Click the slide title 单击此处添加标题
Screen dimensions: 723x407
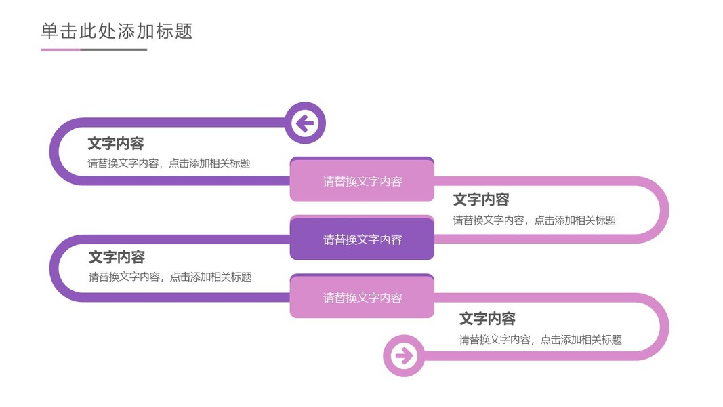117,31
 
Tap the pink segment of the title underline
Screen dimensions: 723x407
60,50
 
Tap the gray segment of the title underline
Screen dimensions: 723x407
113,50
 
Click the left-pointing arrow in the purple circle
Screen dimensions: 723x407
305,123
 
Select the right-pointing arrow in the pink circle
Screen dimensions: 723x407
404,355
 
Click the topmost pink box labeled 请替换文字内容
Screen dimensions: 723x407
362,180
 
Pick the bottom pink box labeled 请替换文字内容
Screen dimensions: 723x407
362,296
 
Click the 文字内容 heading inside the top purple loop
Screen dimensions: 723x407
116,144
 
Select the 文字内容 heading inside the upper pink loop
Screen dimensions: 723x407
481,200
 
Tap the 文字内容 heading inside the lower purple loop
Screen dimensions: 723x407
117,257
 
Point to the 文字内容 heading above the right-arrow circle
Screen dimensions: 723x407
487,318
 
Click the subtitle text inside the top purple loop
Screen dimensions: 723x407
169,163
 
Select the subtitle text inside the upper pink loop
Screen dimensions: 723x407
535,220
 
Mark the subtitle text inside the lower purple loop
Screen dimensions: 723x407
170,277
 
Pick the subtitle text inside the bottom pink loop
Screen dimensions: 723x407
541,340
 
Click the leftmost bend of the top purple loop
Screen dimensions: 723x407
54,151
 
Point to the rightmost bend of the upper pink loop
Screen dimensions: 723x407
665,210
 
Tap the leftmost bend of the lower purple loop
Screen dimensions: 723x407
54,268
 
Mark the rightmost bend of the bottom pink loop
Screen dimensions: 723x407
665,327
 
